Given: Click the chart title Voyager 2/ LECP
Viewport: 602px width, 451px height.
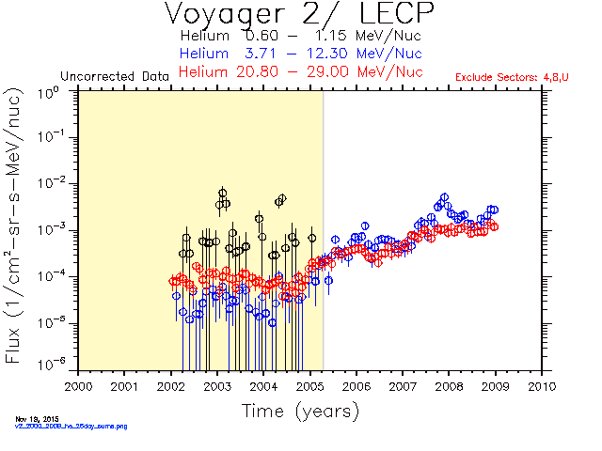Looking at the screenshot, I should click(x=300, y=15).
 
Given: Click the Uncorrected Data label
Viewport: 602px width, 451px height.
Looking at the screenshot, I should click(x=114, y=75).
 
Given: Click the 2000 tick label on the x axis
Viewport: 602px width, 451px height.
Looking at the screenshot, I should click(x=78, y=385).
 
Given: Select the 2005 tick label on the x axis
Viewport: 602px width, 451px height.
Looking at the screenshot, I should click(x=309, y=385).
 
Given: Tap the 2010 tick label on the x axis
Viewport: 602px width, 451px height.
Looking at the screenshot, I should click(x=542, y=385).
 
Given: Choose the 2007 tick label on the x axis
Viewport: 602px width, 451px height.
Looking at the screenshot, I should click(x=403, y=385).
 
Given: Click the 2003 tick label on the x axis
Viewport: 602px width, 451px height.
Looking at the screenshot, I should click(x=217, y=385).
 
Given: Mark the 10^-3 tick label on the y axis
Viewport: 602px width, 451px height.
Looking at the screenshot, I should click(x=53, y=229).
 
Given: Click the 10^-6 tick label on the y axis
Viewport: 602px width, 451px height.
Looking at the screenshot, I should click(x=53, y=365).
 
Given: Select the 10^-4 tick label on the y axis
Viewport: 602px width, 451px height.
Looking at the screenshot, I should click(x=53, y=275).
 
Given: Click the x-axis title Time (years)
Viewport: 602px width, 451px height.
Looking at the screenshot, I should click(x=300, y=411).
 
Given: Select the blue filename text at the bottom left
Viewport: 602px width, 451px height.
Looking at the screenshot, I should click(x=71, y=427).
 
